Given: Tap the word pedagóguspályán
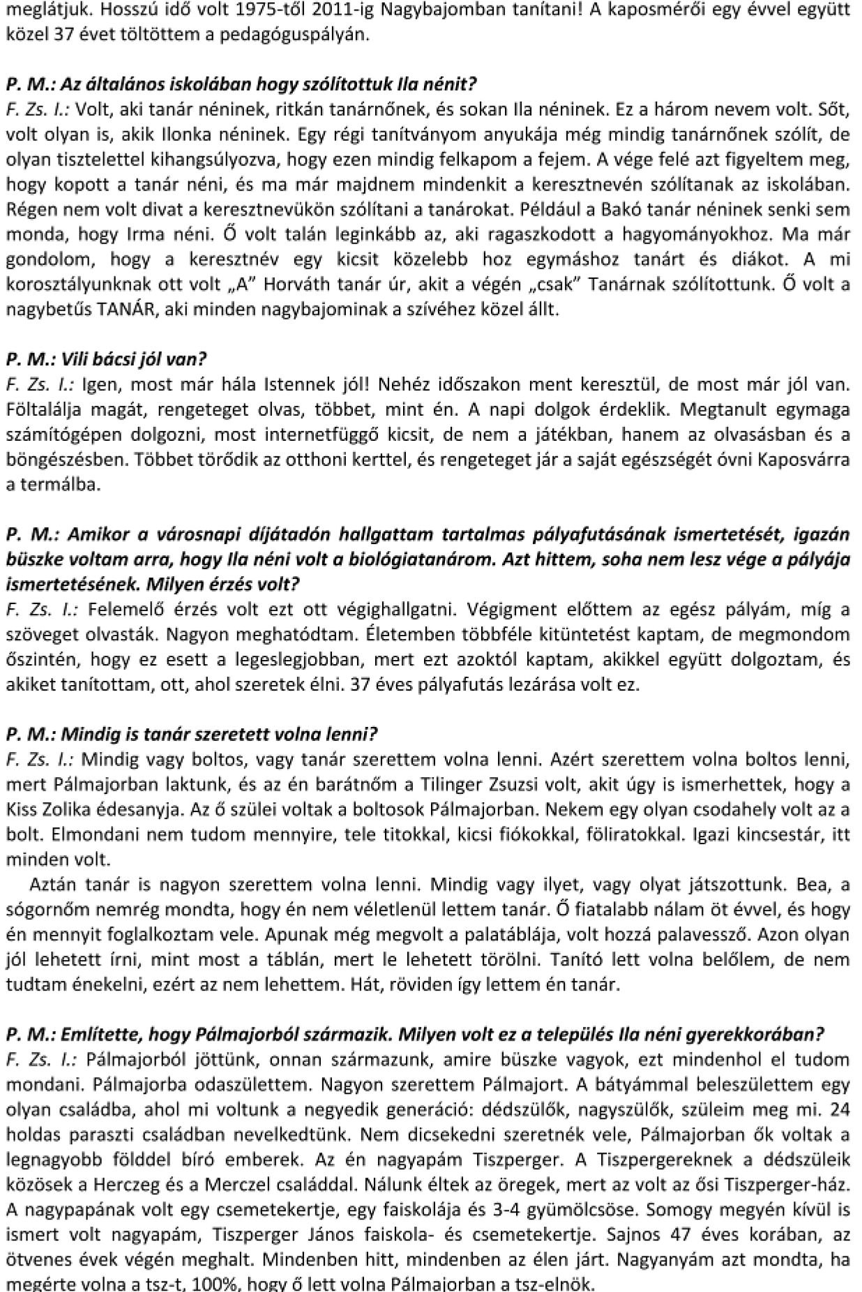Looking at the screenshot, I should click(308, 36).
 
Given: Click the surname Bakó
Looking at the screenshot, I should click(621, 209).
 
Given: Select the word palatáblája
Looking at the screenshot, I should click(512, 935).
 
